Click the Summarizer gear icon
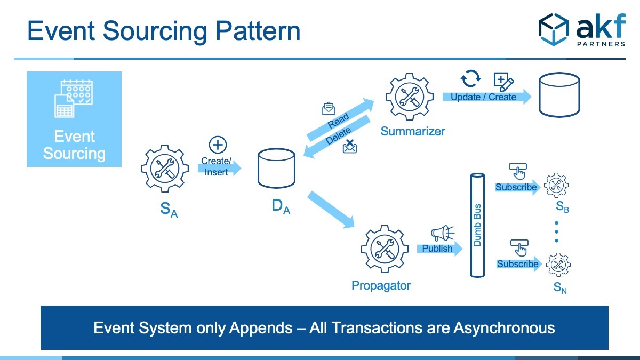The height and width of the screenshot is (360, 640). pyautogui.click(x=410, y=97)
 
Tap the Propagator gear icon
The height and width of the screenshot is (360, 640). pyautogui.click(x=385, y=249)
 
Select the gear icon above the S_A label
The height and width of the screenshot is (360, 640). pyautogui.click(x=165, y=169)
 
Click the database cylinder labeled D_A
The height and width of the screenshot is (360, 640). pyautogui.click(x=276, y=168)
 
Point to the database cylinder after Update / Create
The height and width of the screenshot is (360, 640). pyautogui.click(x=559, y=94)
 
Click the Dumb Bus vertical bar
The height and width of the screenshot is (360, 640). pyautogui.click(x=477, y=225)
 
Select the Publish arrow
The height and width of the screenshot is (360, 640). pyautogui.click(x=439, y=249)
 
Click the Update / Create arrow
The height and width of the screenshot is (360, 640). pyautogui.click(x=487, y=97)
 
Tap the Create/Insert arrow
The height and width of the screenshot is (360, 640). pyautogui.click(x=219, y=168)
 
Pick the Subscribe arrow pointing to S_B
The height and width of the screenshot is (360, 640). pyautogui.click(x=517, y=187)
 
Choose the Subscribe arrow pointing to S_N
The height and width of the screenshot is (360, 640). pyautogui.click(x=519, y=264)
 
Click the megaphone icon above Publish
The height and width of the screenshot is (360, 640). pyautogui.click(x=443, y=233)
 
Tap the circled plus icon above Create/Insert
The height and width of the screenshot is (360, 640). pyautogui.click(x=218, y=145)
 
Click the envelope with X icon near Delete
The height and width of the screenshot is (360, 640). pyautogui.click(x=350, y=147)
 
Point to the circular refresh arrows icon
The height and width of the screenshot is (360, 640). pyautogui.click(x=470, y=78)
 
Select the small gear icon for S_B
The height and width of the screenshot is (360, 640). pyautogui.click(x=556, y=185)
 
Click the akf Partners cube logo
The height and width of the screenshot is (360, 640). pyautogui.click(x=554, y=29)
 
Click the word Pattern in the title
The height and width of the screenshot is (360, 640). pyautogui.click(x=258, y=31)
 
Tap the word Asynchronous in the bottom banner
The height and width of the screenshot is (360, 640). pyautogui.click(x=505, y=328)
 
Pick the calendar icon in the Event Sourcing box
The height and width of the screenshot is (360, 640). pyautogui.click(x=74, y=99)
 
